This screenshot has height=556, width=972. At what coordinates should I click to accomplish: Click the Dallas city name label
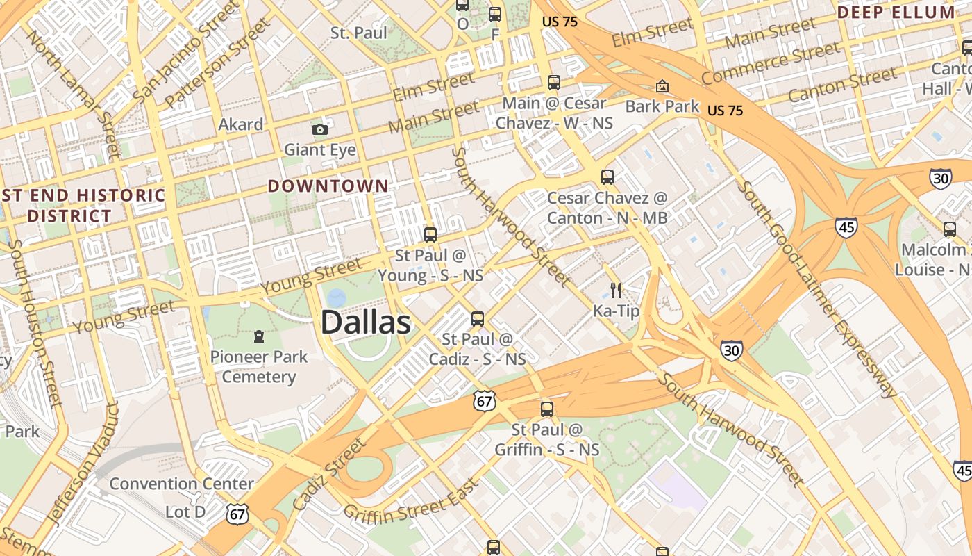click(366, 323)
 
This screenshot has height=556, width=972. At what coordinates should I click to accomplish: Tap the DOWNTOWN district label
click(328, 186)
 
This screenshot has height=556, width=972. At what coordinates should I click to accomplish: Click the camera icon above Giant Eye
click(319, 130)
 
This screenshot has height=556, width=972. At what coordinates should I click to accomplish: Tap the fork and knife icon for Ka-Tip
click(616, 291)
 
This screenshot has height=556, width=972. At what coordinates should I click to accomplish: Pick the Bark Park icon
click(663, 87)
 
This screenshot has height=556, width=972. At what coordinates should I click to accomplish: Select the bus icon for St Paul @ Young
click(430, 235)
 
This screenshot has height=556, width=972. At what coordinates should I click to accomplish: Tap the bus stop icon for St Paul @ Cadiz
click(478, 319)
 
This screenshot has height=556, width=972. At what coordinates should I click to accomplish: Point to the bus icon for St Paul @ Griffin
click(547, 409)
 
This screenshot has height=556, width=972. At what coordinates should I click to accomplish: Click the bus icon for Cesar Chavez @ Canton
click(607, 177)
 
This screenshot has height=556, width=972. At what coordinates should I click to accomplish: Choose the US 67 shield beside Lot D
click(237, 514)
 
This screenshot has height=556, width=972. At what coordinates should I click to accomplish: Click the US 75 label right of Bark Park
click(725, 111)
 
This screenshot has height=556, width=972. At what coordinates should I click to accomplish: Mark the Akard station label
click(241, 124)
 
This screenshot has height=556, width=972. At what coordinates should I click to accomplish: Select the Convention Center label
click(181, 484)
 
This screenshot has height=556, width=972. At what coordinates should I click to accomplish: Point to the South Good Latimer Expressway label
click(819, 288)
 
